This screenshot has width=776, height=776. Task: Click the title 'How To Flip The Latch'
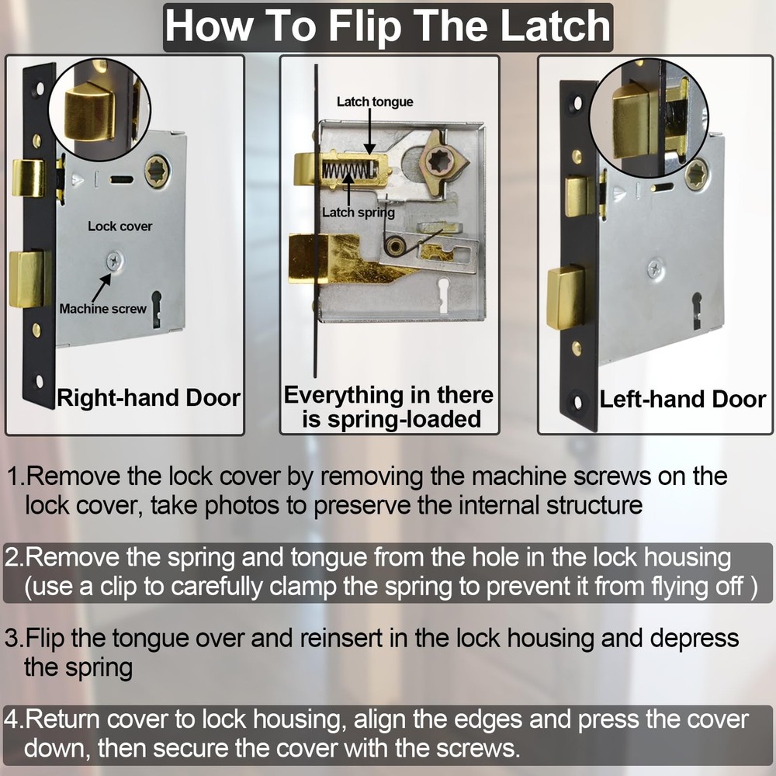388,27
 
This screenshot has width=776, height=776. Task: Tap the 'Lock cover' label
120,226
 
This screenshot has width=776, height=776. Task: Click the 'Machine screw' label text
103,309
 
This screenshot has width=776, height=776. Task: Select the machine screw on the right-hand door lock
115,260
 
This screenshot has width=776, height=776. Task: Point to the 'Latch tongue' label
375,102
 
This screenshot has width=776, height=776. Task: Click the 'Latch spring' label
359,213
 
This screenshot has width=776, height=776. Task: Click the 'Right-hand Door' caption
148,398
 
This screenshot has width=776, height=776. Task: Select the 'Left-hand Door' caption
682,400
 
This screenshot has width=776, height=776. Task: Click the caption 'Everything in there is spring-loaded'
389,407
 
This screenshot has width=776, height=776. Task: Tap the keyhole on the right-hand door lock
157,309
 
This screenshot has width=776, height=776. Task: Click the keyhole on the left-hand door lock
697,310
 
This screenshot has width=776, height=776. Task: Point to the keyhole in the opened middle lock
443,295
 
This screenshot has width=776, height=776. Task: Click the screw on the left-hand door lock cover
656,268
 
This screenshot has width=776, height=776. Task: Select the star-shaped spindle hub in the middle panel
438,163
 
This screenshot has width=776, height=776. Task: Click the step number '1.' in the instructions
16,476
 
